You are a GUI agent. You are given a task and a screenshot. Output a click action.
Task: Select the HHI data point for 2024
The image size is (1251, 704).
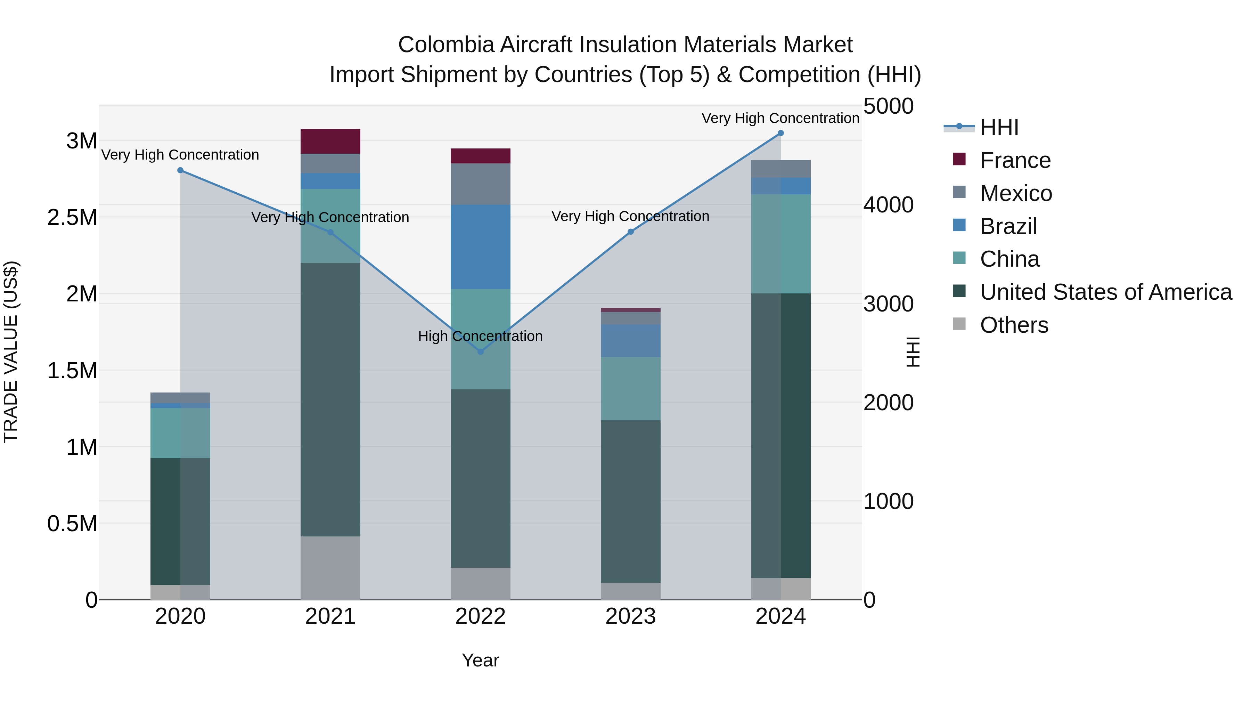[780, 133]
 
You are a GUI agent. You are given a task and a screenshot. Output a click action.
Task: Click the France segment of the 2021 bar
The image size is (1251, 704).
[330, 141]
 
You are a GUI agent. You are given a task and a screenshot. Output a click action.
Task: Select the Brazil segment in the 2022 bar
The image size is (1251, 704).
[480, 247]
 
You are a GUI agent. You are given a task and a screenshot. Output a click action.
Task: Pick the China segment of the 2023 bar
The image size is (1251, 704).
[630, 389]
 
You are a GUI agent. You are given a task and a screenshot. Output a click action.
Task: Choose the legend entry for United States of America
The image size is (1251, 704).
[1105, 292]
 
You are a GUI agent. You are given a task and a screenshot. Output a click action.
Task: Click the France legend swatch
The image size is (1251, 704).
[959, 159]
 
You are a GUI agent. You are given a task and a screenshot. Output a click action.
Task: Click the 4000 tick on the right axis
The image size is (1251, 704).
[888, 205]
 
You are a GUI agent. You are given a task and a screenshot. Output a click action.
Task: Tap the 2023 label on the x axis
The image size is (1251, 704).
[630, 616]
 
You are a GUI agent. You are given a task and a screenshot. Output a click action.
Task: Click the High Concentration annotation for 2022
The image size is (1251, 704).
[480, 336]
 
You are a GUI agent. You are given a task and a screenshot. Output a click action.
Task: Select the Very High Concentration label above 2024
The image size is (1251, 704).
[780, 118]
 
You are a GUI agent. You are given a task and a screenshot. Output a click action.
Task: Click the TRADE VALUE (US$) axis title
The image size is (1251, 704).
[11, 352]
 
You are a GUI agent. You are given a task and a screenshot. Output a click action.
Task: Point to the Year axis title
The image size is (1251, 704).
[480, 660]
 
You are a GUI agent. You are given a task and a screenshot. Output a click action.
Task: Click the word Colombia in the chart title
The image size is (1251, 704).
[446, 45]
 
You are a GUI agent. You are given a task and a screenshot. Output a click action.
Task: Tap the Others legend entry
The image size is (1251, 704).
[1014, 325]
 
